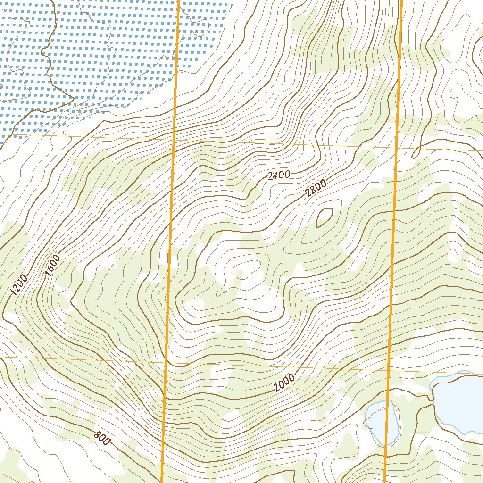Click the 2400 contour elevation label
pos(278,175)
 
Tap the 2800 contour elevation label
pos(316,190)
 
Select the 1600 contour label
pos(52,265)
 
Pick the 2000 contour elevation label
pos(284,383)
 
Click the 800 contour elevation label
pos(101,438)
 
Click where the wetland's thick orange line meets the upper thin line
pos(174,140)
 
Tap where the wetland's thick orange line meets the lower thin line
pos(167,362)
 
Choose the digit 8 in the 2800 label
pos(313,191)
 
